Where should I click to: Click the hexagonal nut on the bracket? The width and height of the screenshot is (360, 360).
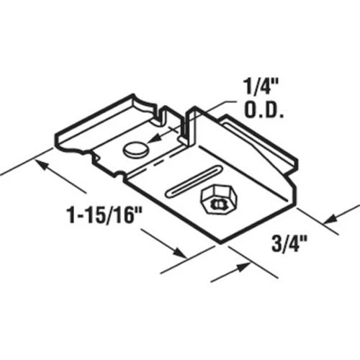coord(215,198)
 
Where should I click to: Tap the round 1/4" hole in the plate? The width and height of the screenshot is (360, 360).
coord(135,149)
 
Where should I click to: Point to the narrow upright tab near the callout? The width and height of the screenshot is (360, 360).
coord(192,122)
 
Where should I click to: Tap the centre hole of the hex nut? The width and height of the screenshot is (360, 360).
coord(215,199)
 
